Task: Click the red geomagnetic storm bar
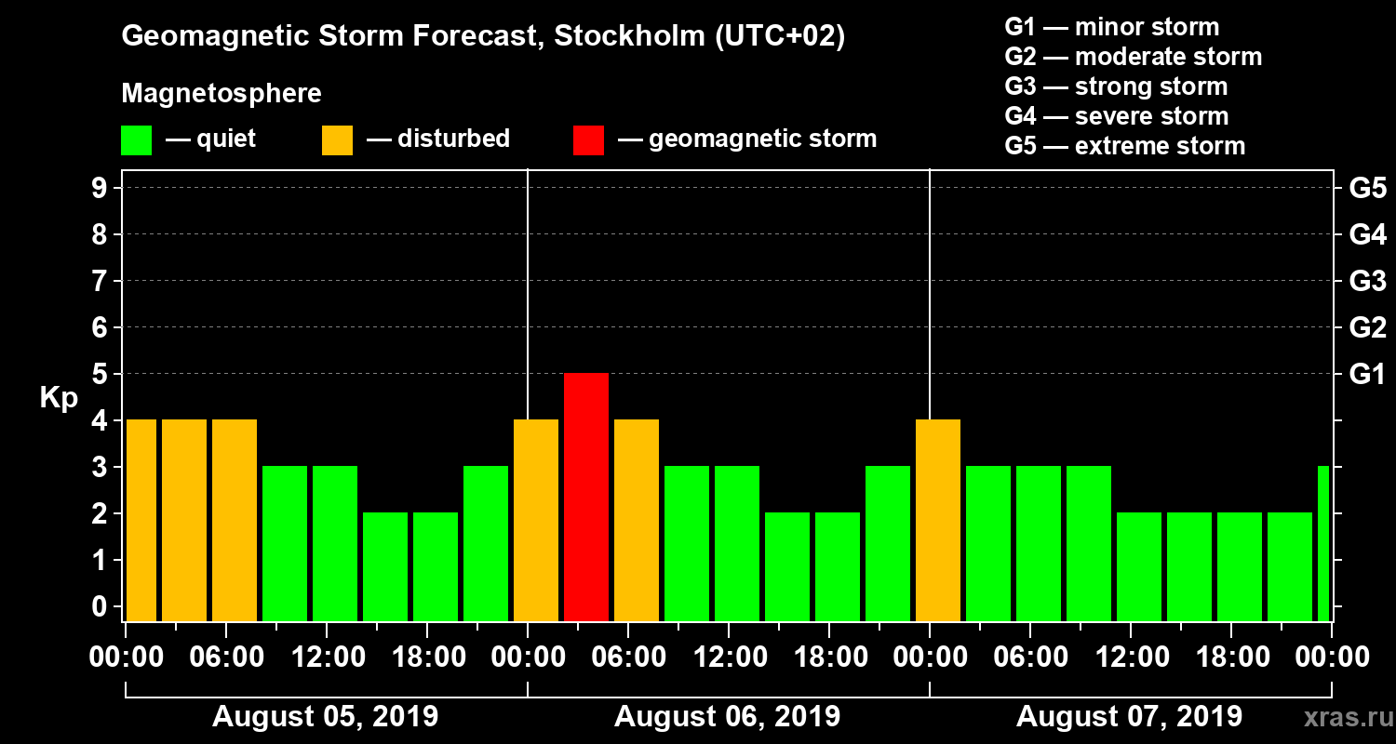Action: click(586, 497)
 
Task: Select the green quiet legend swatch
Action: click(136, 140)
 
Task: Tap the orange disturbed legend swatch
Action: click(337, 140)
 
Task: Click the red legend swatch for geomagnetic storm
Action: click(588, 140)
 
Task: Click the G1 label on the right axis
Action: click(1367, 375)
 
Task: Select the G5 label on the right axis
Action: click(1367, 189)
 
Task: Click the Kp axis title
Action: click(59, 398)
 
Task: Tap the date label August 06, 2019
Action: click(727, 717)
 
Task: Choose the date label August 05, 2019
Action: click(325, 717)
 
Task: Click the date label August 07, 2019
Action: click(1129, 717)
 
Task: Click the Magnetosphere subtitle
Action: click(221, 94)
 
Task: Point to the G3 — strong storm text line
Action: click(1116, 86)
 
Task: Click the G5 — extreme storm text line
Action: click(1124, 146)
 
